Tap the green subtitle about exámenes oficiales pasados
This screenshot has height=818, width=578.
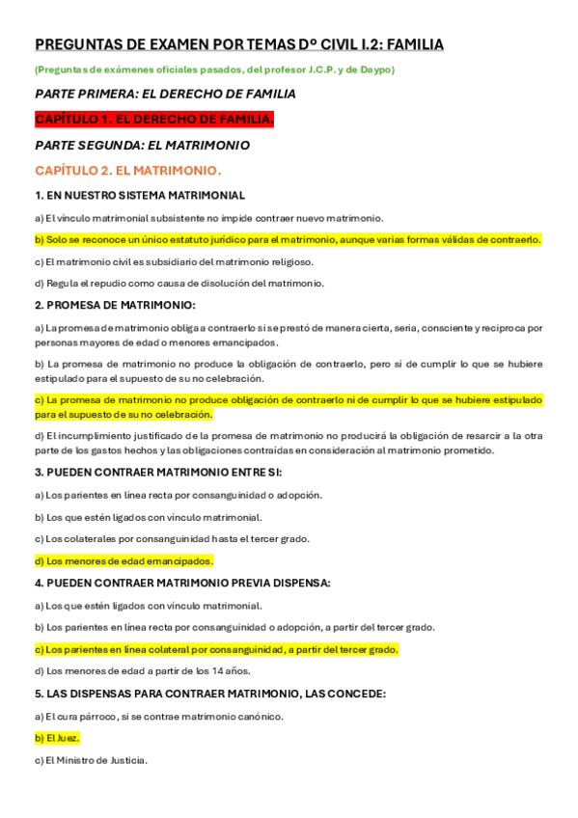214,69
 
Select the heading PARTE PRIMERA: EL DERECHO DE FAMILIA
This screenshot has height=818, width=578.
165,94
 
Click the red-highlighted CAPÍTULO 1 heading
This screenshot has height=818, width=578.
154,119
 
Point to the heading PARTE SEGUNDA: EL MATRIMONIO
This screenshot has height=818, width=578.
142,145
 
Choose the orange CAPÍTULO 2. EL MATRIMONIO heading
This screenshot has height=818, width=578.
127,170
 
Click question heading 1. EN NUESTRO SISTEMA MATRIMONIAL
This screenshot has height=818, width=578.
140,195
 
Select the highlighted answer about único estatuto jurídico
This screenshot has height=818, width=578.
288,239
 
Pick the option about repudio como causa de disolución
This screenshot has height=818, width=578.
179,283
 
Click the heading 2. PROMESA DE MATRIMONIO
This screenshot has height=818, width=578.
115,305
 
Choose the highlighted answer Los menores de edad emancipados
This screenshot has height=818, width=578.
124,560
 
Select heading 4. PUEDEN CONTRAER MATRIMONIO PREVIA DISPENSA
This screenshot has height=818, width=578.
182,583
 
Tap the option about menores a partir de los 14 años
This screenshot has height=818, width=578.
142,670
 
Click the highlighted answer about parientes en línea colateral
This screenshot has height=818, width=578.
216,649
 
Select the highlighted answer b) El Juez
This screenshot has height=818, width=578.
57,738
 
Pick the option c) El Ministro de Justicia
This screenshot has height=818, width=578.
91,760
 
